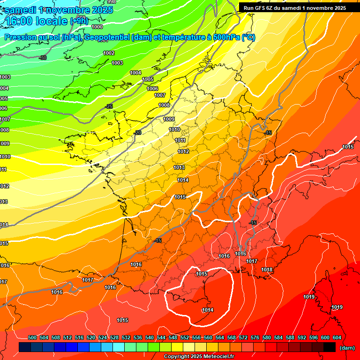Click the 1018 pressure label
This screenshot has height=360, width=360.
(267, 270)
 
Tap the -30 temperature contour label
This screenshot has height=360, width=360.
(43, 58)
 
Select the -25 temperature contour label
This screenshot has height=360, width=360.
(109, 107)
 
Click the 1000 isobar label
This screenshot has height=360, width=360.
(97, 40)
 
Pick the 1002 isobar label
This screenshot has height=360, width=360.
(109, 53)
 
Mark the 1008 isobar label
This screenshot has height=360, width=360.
(164, 105)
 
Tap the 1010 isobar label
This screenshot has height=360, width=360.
(174, 129)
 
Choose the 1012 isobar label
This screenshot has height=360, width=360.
(183, 151)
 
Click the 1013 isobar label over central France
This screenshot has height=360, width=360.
(179, 167)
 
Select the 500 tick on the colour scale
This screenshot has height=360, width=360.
(32, 337)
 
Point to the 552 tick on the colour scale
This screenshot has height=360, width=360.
(185, 337)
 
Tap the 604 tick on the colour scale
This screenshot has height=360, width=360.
(337, 337)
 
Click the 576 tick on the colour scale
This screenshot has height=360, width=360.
(255, 337)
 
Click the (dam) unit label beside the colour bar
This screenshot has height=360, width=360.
(347, 348)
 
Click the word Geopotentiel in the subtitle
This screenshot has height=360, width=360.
(107, 37)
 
